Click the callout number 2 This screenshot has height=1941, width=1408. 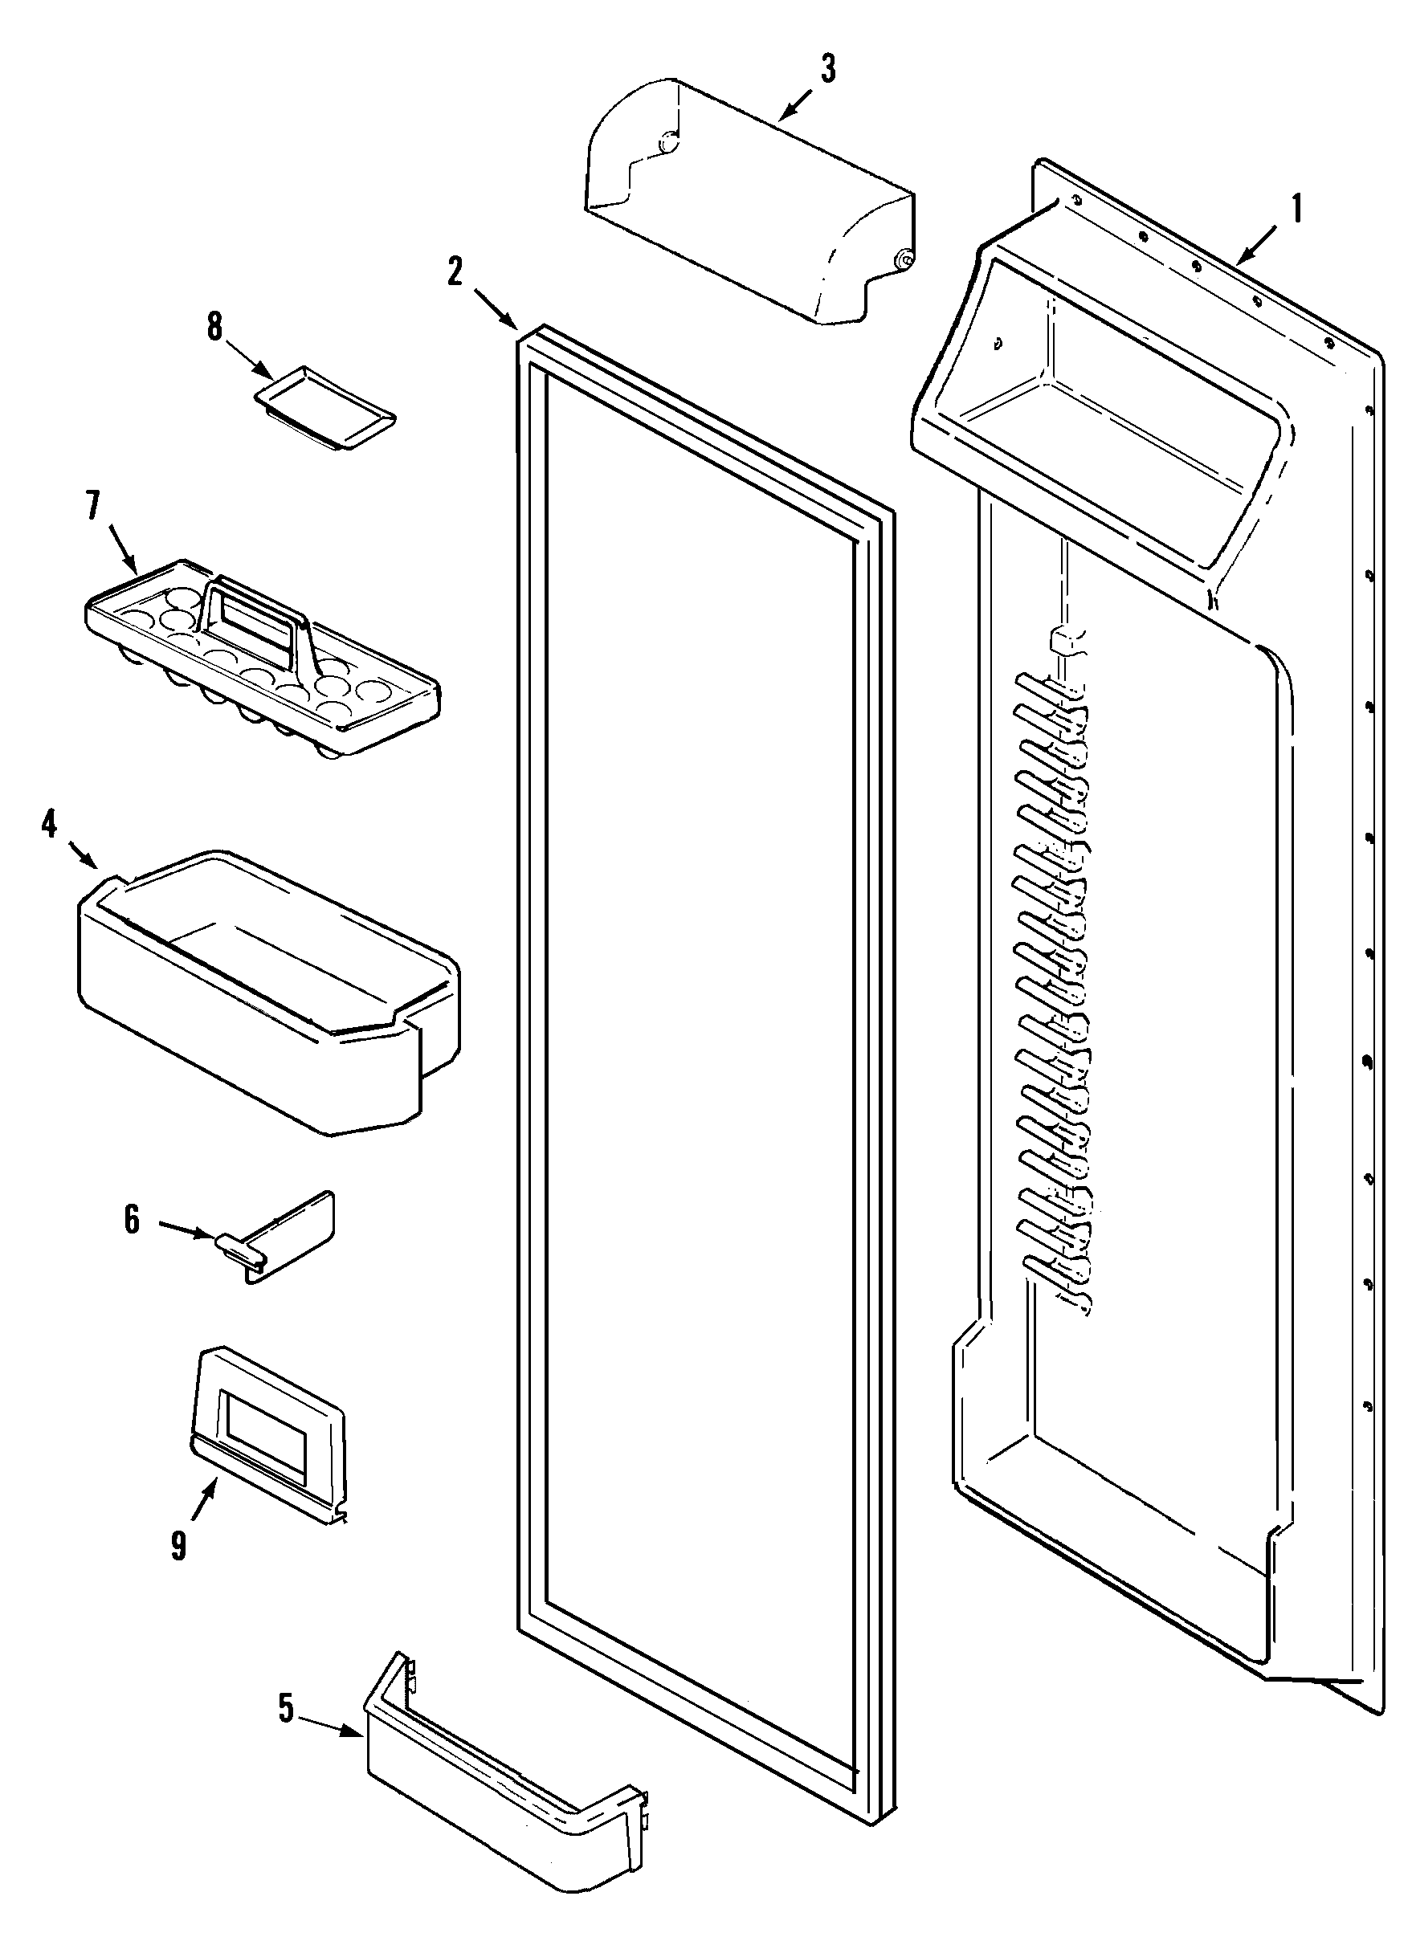click(x=455, y=272)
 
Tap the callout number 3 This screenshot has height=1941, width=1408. click(x=827, y=69)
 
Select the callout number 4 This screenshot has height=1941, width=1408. click(x=49, y=824)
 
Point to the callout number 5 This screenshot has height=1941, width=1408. click(x=286, y=1708)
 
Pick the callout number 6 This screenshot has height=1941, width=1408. click(x=132, y=1220)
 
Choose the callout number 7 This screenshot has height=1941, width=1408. click(x=92, y=507)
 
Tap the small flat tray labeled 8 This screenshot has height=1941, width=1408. click(x=325, y=406)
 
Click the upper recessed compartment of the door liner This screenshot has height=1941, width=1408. click(x=1104, y=402)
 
